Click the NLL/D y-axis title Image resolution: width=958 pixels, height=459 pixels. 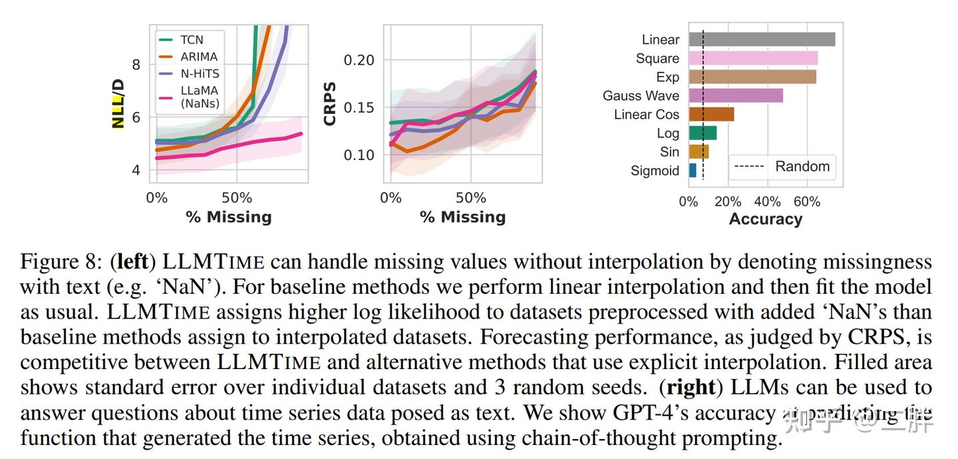[118, 103]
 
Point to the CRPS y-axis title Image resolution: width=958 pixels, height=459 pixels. [329, 104]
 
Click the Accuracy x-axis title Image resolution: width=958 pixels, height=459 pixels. [765, 219]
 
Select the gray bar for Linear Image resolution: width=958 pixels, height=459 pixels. [762, 39]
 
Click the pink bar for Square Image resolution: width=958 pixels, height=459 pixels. [753, 58]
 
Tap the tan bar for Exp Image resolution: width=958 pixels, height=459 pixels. [752, 77]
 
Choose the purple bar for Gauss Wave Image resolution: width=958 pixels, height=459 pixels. [736, 95]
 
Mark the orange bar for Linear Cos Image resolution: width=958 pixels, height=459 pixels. [711, 114]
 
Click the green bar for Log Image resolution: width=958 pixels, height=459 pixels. [703, 133]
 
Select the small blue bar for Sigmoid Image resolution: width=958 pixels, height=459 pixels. [693, 171]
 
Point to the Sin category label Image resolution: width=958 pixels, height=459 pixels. [669, 152]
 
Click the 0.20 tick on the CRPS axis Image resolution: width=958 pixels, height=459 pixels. [359, 60]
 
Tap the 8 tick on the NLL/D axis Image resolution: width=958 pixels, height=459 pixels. [136, 65]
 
